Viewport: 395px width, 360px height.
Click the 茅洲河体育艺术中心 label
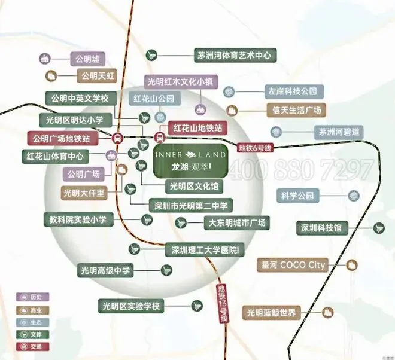[234, 55]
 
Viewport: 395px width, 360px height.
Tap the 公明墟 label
[87, 59]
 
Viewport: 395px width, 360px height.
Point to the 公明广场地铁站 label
[62, 138]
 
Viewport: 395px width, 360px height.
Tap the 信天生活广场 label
[294, 109]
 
